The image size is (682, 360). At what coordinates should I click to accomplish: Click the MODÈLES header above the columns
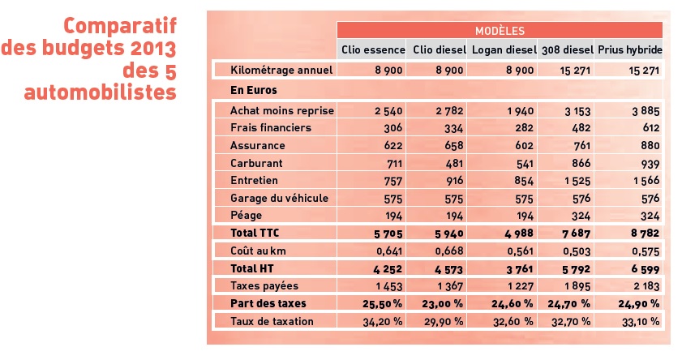[500, 31]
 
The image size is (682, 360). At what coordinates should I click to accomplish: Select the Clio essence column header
[371, 49]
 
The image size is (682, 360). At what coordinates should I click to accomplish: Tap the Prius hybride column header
[630, 49]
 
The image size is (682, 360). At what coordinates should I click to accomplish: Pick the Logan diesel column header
[504, 49]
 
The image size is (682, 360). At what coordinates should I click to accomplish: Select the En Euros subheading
[253, 90]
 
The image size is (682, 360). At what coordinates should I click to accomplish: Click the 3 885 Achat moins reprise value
[645, 110]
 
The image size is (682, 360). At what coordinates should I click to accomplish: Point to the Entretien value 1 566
[646, 181]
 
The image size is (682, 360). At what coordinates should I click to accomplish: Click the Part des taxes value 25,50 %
[378, 303]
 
